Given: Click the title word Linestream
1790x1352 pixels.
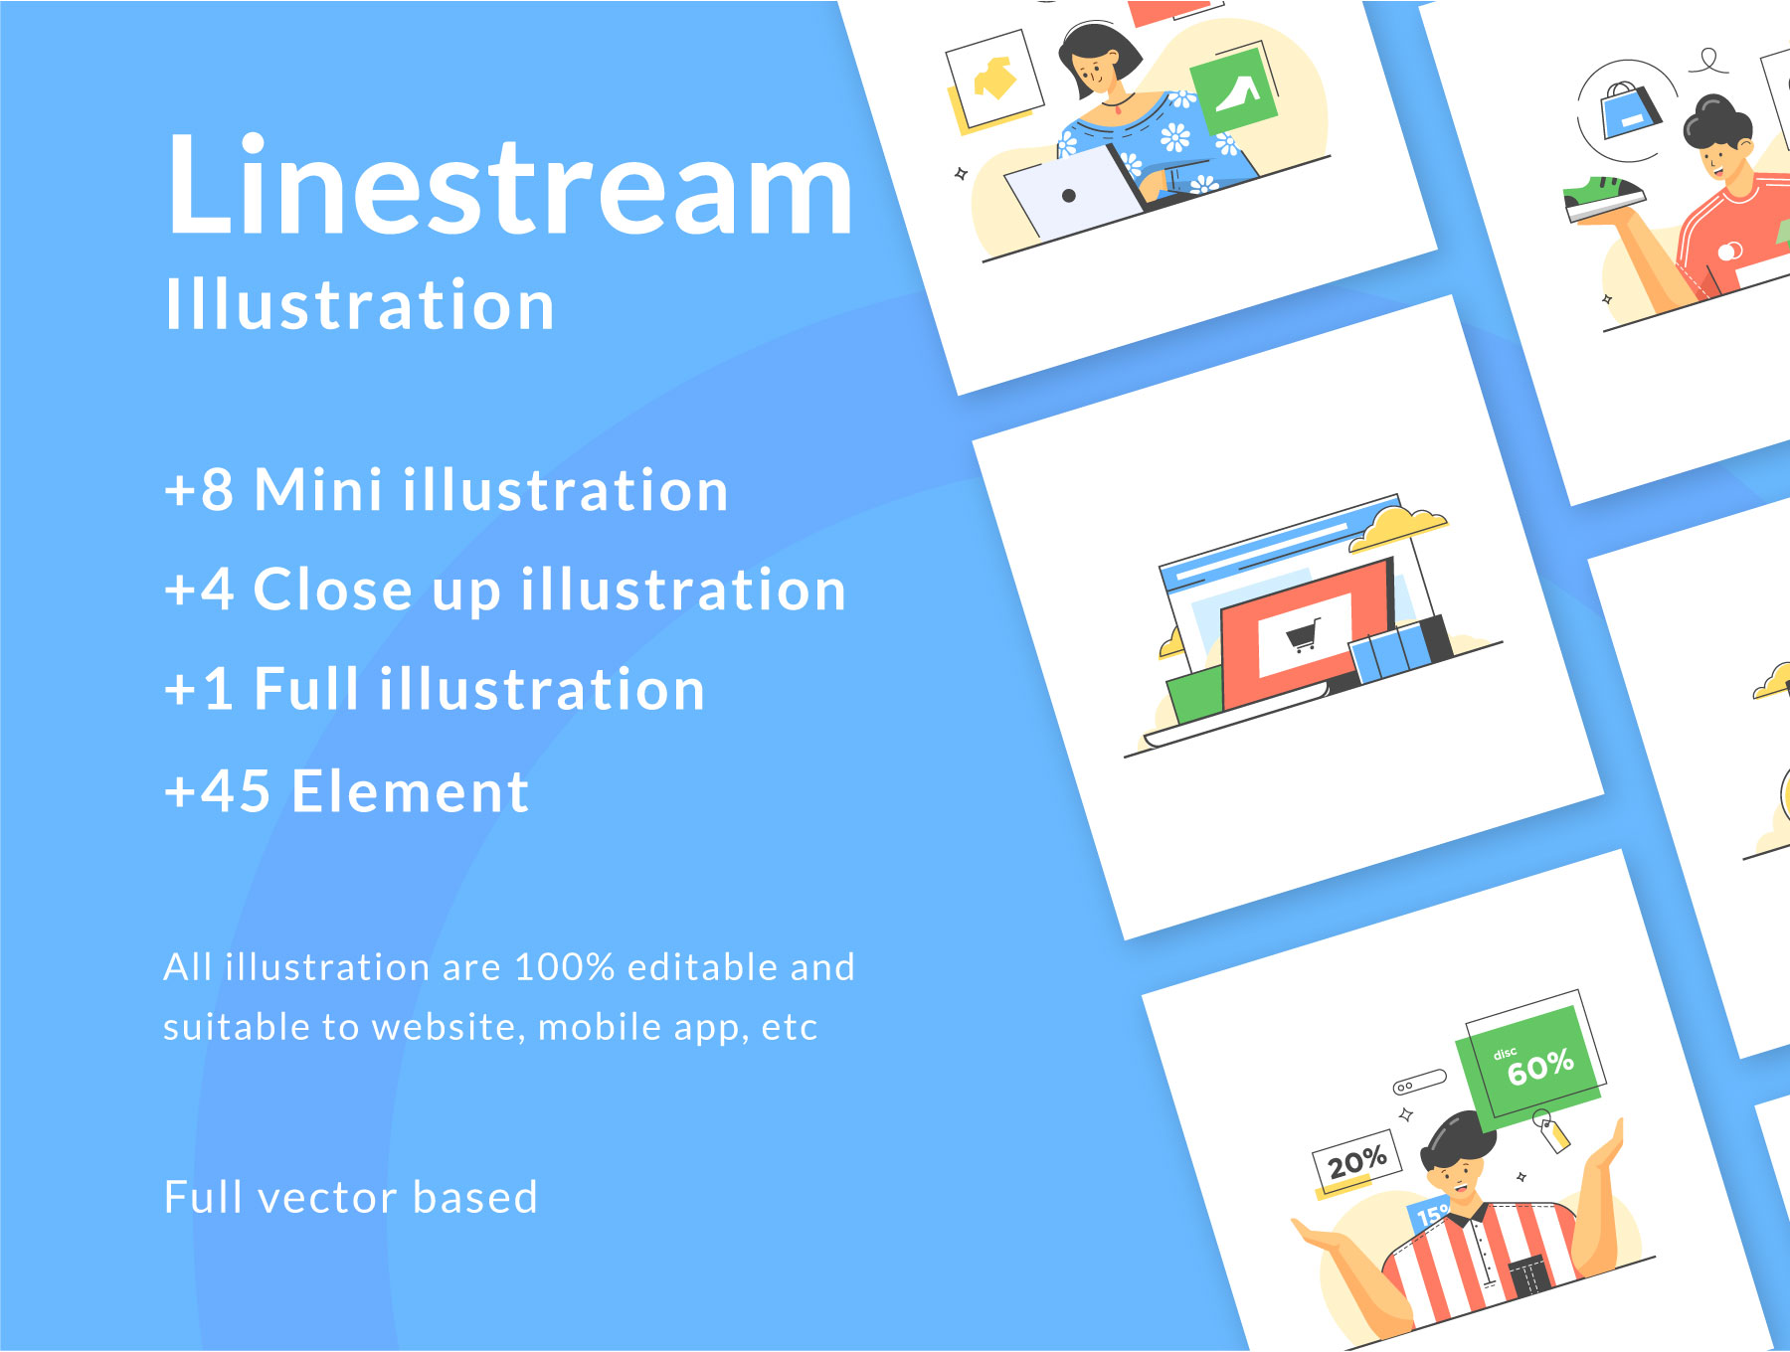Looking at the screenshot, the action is [x=510, y=185].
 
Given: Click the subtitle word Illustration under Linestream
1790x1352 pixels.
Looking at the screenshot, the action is [x=360, y=304].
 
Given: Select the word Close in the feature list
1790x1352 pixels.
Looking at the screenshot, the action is [x=332, y=590].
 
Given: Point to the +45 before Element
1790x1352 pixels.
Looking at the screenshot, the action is [x=218, y=791].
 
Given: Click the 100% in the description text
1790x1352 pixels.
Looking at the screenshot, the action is [x=565, y=967].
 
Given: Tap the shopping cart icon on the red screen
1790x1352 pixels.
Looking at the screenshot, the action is [x=1304, y=633].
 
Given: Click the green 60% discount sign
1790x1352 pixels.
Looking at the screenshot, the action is [x=1528, y=1066].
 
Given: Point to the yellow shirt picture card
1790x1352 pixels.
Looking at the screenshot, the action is [x=994, y=80].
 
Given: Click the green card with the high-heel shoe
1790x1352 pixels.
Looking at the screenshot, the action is [x=1235, y=91].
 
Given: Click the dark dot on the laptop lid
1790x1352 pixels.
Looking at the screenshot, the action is [x=1069, y=196].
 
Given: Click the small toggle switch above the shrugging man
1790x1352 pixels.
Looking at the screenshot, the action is [x=1419, y=1082].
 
